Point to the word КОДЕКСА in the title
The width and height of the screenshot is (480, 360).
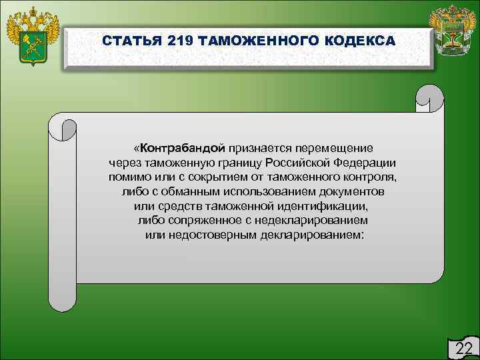359,41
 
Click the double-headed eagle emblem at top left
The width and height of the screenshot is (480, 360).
32,37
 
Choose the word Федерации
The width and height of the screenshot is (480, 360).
360,162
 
